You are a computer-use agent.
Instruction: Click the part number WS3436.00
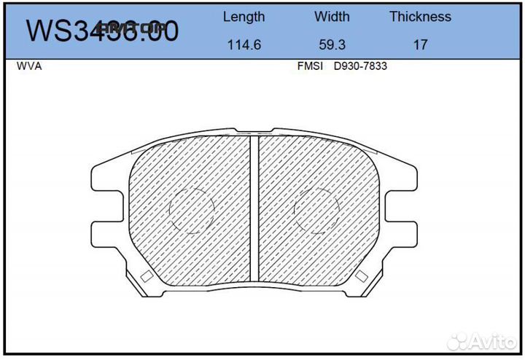102,31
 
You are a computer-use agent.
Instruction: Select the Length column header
244,17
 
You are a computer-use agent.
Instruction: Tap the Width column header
332,17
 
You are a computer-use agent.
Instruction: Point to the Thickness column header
420,17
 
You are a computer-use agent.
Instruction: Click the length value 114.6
244,44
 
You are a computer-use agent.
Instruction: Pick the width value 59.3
332,44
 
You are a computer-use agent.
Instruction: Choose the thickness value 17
420,44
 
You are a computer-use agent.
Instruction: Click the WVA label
29,66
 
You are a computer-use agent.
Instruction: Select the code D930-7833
360,66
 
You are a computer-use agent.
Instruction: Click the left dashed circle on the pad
192,211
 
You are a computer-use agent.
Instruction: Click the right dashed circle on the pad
317,211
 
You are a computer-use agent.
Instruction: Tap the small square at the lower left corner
146,277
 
